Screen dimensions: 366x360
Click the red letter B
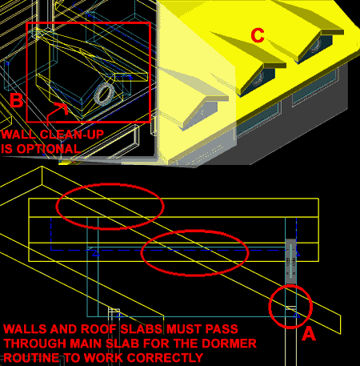tap(17, 101)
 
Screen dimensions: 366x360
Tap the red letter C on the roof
tap(257, 36)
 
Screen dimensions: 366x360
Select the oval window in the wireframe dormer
tap(104, 94)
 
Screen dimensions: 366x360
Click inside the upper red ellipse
tap(110, 206)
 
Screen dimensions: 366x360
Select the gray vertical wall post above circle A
tap(290, 260)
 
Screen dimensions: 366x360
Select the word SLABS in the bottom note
tap(134, 329)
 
